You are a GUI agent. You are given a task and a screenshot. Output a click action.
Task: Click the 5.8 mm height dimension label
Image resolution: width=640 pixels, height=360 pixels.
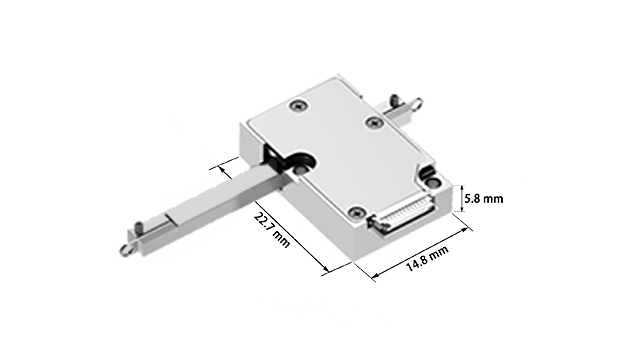point(484,199)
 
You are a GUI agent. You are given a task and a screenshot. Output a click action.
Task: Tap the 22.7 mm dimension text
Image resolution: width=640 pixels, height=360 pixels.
point(272,230)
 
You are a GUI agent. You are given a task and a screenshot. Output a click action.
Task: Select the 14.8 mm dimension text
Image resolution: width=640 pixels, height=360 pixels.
point(427,259)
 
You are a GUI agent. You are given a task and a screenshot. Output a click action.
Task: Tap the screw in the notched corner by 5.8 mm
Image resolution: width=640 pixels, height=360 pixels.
point(434,181)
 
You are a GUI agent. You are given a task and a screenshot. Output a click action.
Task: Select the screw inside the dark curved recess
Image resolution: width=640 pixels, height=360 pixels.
point(301,169)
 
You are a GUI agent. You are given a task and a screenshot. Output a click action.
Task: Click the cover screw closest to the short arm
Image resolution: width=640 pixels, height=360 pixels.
point(373,122)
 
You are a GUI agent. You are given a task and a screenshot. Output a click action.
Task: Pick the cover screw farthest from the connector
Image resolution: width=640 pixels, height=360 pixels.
point(298,105)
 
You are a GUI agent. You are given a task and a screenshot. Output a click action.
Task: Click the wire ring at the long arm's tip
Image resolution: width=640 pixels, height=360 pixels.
point(126,250)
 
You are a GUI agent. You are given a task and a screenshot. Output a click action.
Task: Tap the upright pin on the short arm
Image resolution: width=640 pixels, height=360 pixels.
point(395,100)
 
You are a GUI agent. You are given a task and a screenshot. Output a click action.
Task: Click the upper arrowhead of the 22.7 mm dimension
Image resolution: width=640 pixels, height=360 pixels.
point(221,168)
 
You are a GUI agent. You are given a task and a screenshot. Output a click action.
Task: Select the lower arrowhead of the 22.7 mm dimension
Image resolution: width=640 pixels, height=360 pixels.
point(325,269)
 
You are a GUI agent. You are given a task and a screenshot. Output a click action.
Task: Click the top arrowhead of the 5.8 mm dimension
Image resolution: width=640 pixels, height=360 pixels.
point(462,188)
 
